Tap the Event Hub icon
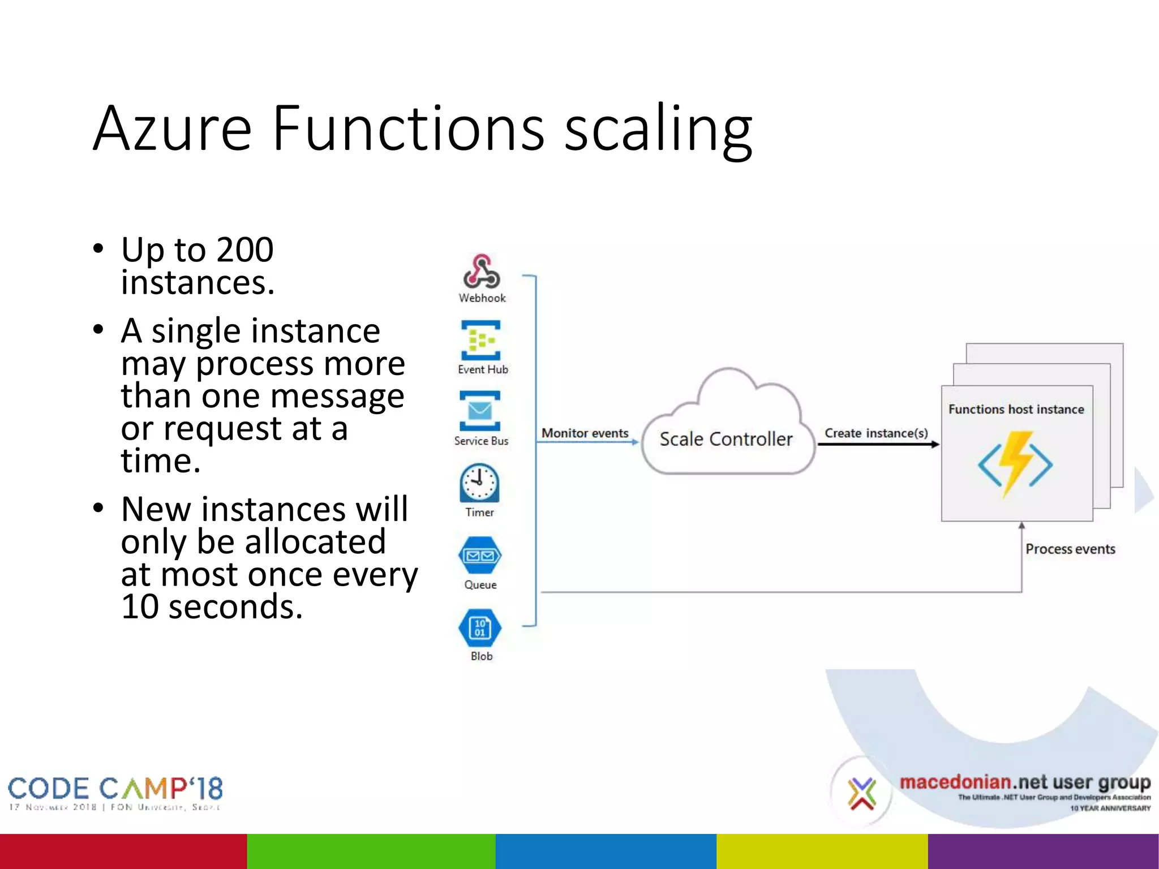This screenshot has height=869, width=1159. point(480,340)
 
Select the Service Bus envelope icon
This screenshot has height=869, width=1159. point(480,411)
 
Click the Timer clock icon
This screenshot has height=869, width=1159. point(479,483)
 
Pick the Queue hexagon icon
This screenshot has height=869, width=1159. point(480,556)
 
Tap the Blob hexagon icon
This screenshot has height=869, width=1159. point(480,627)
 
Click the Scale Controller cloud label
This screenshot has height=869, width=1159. point(726,439)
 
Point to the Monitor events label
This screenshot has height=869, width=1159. point(585,433)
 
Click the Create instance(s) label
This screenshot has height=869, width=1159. point(876,433)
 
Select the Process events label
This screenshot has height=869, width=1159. point(1070,549)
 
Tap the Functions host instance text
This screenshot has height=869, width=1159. point(1016,409)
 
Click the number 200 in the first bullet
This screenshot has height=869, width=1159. point(244,249)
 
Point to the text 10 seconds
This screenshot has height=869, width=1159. point(212,606)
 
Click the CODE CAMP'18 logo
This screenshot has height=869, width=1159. point(115,789)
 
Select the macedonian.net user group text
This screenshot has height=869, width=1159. point(1024,782)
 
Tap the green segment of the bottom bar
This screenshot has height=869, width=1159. point(371,851)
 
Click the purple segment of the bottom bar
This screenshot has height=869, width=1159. point(1043,851)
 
